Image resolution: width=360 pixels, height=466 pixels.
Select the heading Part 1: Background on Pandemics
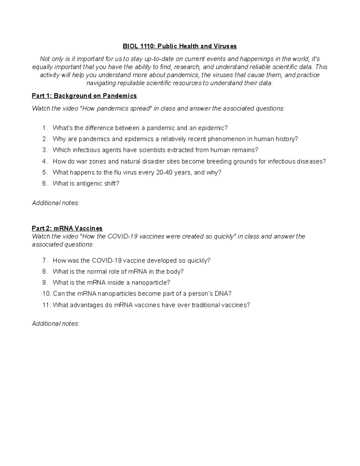[84, 96]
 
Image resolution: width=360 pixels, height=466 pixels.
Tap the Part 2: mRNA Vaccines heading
[67, 228]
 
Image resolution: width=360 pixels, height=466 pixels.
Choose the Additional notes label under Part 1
[55, 203]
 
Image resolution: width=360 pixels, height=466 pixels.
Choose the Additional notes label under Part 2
[55, 324]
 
